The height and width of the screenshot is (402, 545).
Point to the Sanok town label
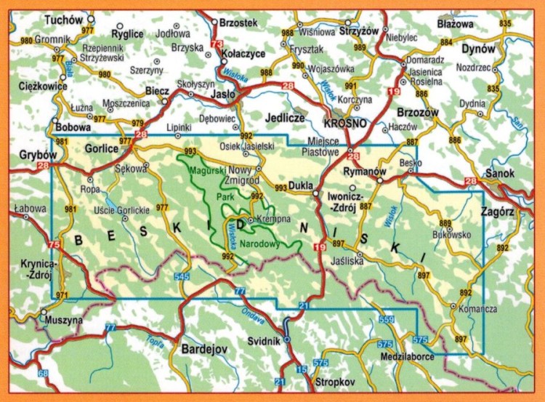[x=500, y=174]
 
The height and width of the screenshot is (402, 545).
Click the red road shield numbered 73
[x=216, y=45]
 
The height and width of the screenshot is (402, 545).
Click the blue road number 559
[x=386, y=321]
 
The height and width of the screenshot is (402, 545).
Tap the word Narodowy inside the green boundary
[x=259, y=244]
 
